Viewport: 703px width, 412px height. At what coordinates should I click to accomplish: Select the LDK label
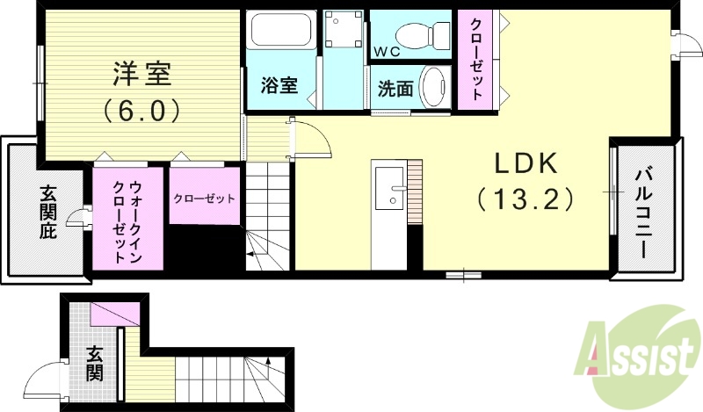pos(525,163)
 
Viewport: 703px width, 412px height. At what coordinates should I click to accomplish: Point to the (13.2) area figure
pos(525,199)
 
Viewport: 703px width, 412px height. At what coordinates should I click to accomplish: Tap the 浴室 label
pos(279,86)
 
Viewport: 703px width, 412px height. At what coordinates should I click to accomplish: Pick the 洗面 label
pos(395,89)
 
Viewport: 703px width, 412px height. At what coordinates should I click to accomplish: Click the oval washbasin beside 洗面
pos(433,86)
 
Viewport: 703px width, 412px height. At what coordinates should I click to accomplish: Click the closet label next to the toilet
pos(475,57)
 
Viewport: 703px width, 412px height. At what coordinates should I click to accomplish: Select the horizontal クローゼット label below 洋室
pos(205,199)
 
